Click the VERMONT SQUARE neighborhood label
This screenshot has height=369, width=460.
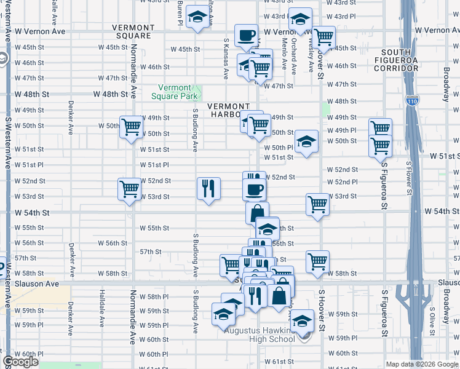[133, 31]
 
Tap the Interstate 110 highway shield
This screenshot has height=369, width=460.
[411, 100]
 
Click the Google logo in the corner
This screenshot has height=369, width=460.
[21, 362]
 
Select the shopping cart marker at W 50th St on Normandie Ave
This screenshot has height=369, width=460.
[131, 127]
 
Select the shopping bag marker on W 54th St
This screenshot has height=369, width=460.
[257, 212]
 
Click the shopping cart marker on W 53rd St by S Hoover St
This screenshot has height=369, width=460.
[317, 204]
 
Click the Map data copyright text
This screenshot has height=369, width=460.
[422, 363]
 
